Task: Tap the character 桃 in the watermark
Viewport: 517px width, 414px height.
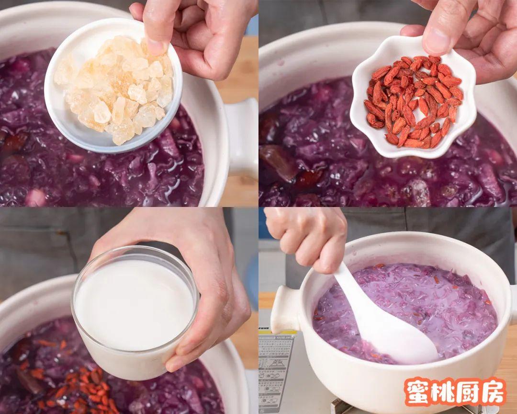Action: click(442, 392)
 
